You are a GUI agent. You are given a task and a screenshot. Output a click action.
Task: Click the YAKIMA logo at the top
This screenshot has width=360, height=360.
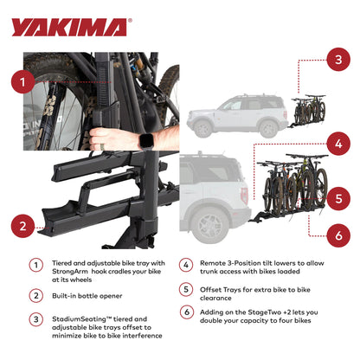click(x=71, y=28)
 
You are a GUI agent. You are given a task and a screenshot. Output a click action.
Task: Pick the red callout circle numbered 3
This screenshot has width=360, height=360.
click(x=337, y=60)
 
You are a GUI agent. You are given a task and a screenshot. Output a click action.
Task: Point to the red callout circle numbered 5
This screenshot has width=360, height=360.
click(x=337, y=196)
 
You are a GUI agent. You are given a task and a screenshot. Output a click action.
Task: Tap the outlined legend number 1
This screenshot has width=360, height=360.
click(x=36, y=267)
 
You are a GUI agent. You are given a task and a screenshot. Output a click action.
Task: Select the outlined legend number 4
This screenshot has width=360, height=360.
click(x=186, y=267)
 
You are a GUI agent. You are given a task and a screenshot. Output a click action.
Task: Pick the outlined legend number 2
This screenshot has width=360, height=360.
click(x=36, y=295)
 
